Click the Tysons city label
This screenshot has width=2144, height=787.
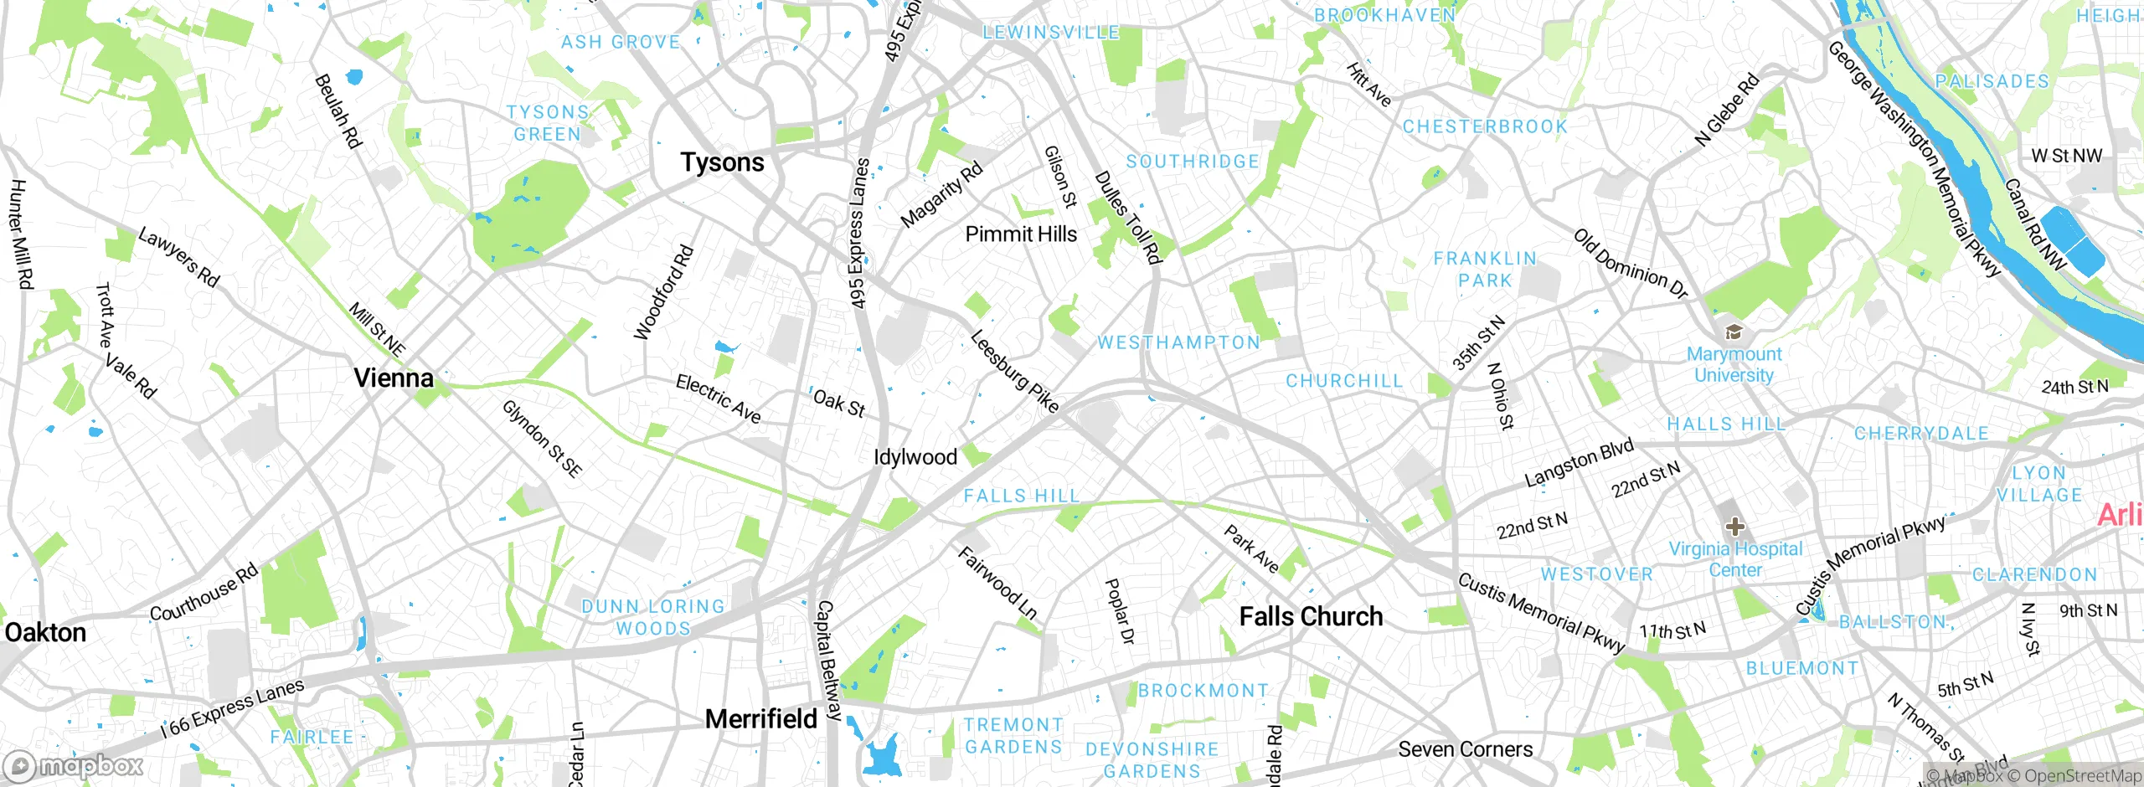(722, 162)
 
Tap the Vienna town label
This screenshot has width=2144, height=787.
(394, 378)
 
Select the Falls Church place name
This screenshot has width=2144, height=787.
(1311, 617)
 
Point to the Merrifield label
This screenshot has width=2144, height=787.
(760, 719)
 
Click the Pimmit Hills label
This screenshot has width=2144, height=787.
(1021, 234)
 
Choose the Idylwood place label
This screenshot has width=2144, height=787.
(915, 457)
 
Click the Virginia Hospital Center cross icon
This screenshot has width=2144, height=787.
(1734, 527)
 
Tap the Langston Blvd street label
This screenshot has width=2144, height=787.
(1579, 463)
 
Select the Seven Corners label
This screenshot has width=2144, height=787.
(1465, 749)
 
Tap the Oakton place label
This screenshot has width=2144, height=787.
(45, 633)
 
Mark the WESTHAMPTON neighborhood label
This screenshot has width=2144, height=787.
(1178, 342)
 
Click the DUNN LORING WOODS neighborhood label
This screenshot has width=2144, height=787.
(653, 617)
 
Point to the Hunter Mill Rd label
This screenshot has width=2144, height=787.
(20, 234)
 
